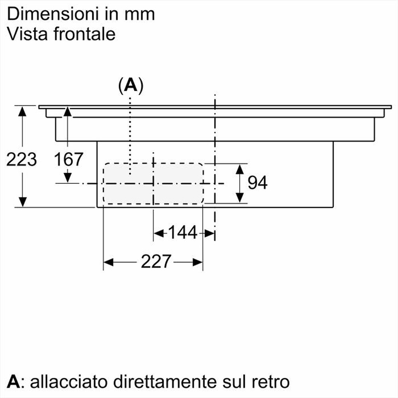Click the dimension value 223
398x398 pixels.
pyautogui.click(x=21, y=159)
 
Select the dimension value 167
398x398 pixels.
pyautogui.click(x=68, y=159)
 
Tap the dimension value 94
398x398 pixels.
pyautogui.click(x=257, y=183)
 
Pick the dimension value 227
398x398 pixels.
pyautogui.click(x=156, y=262)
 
